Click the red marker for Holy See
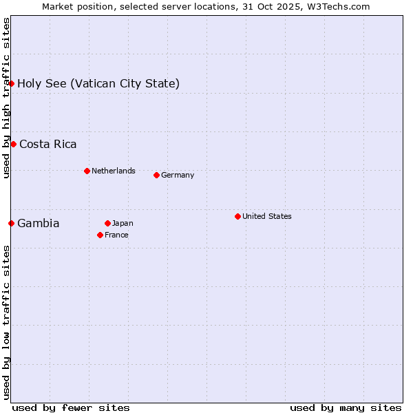coord(12,83)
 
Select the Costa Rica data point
coord(13,144)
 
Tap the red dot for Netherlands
coord(87,171)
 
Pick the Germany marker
coord(156,175)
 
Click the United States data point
coord(237,216)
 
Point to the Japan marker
coord(107,223)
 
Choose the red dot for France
coord(100,235)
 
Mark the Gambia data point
coord(12,223)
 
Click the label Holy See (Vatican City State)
coord(98,84)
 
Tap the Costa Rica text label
coord(48,145)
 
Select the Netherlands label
coord(114,171)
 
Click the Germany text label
coord(178,175)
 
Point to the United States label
coord(267,216)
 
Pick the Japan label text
coord(123,223)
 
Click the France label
coord(116,235)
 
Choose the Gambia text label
coord(39,224)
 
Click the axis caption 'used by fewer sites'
coord(71,407)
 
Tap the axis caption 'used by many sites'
coord(346,407)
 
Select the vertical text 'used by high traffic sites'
coord(6,98)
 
